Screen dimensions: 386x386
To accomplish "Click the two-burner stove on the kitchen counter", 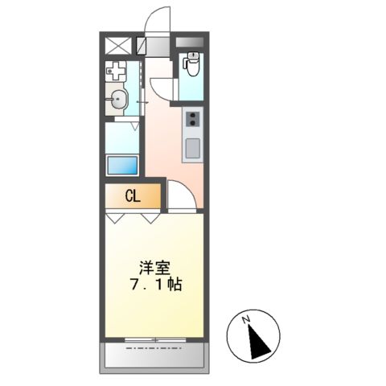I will [194, 120].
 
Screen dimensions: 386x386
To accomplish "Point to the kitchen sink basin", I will [194, 147].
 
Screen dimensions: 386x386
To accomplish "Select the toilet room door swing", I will [162, 85].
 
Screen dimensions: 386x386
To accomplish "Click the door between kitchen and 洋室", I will [180, 196].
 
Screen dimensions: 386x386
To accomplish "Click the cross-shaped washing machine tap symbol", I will [116, 72].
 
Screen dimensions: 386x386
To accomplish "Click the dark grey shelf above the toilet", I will [192, 42].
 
